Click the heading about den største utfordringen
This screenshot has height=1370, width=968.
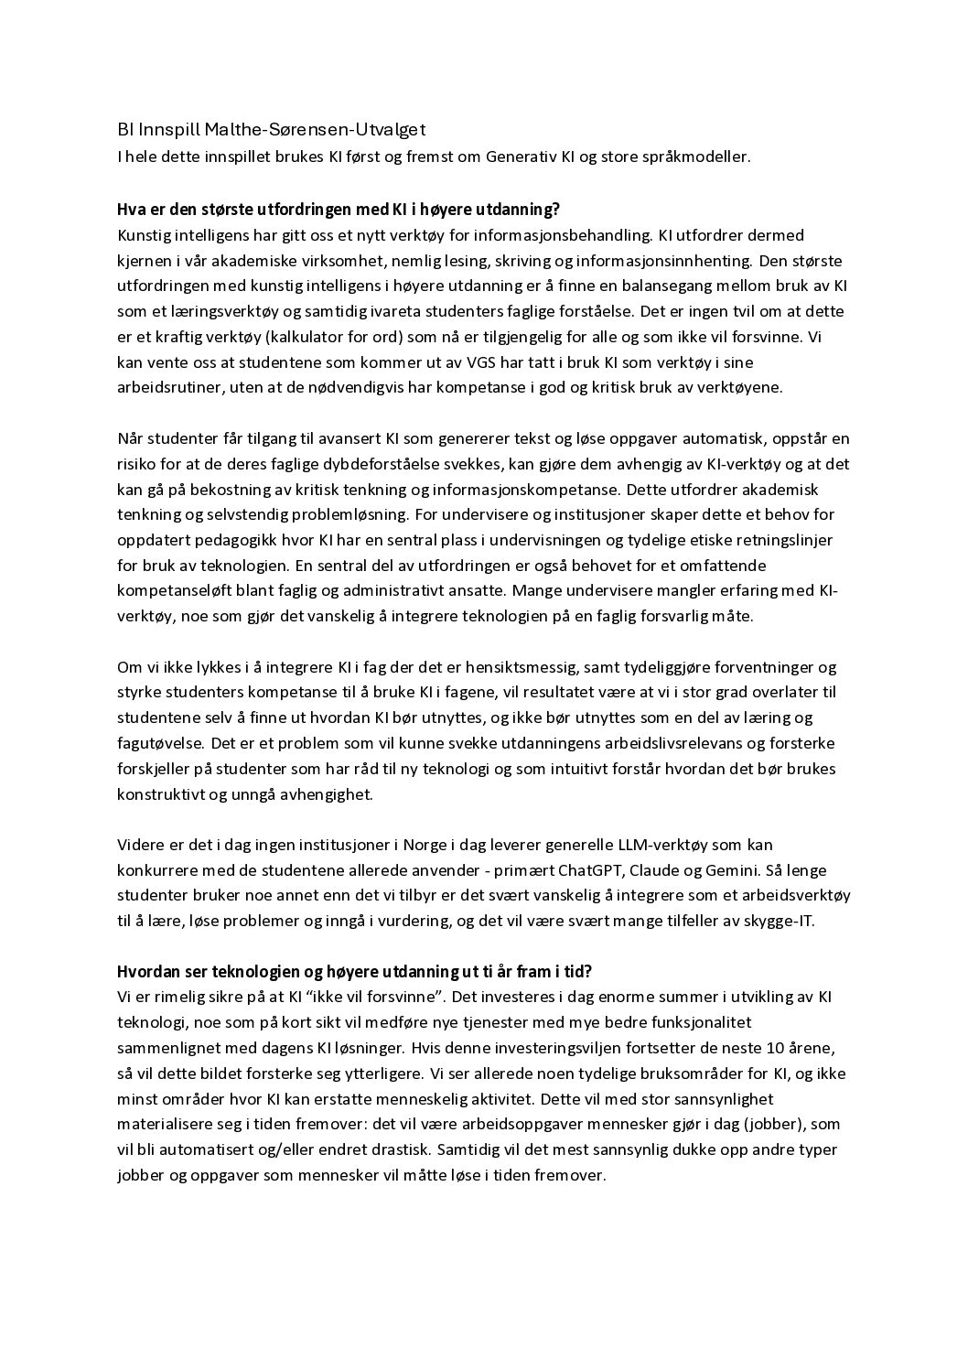point(338,210)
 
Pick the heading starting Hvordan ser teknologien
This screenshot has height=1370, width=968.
point(355,971)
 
